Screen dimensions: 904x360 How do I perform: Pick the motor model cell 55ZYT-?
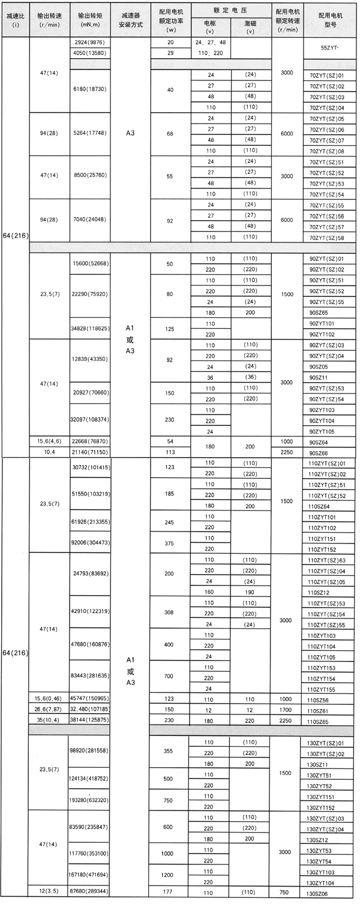[x=326, y=48]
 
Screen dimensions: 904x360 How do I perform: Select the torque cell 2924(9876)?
[x=90, y=43]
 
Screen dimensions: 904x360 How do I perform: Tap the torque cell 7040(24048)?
[x=90, y=220]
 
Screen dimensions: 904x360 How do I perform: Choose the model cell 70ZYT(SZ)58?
[x=326, y=238]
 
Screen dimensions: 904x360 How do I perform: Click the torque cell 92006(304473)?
[x=90, y=542]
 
